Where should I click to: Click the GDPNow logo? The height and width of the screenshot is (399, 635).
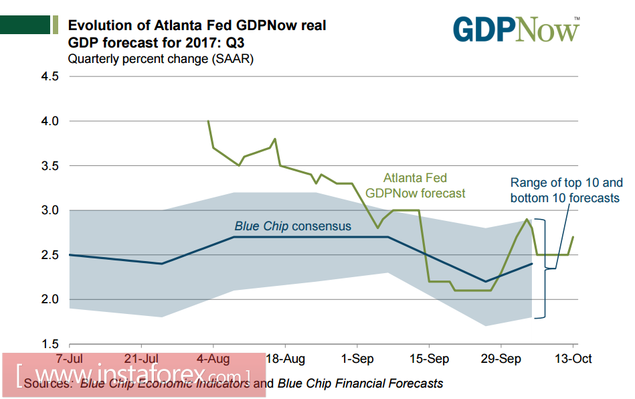coord(516,29)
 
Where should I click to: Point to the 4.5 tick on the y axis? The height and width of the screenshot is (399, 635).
coord(50,76)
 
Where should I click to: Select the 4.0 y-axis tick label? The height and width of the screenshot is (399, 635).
coord(50,121)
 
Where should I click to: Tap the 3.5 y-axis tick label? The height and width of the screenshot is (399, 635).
coord(50,166)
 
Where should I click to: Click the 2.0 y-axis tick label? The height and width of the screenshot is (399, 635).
coord(50,299)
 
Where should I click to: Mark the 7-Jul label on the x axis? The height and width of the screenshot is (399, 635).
coord(69,359)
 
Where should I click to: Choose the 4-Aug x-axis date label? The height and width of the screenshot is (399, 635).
coord(213,359)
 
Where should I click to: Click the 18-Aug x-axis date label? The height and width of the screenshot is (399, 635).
coord(286,359)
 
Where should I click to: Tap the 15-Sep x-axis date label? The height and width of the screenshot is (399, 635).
coord(429,359)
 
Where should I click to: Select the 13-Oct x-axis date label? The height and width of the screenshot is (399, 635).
coord(573,359)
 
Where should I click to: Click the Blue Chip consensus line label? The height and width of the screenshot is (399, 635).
coord(292,226)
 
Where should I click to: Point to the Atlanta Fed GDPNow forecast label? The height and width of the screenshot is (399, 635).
coord(415,185)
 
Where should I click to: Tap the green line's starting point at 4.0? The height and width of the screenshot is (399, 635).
coord(208,121)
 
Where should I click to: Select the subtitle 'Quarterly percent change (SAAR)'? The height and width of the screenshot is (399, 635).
coord(161,59)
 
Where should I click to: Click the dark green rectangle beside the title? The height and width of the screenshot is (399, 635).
coord(25,25)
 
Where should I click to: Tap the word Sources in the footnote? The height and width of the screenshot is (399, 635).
coord(48,384)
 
